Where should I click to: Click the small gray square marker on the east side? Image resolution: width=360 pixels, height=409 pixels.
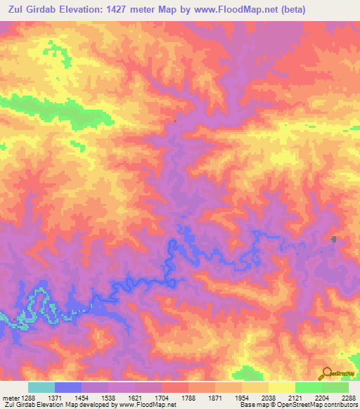334,240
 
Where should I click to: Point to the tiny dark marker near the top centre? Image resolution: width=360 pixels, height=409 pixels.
175,122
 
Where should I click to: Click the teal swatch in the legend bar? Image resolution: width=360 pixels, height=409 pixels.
41,387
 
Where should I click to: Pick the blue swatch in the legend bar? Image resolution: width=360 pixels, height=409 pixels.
68,387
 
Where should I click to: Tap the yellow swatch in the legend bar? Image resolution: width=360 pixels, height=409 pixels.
281,387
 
